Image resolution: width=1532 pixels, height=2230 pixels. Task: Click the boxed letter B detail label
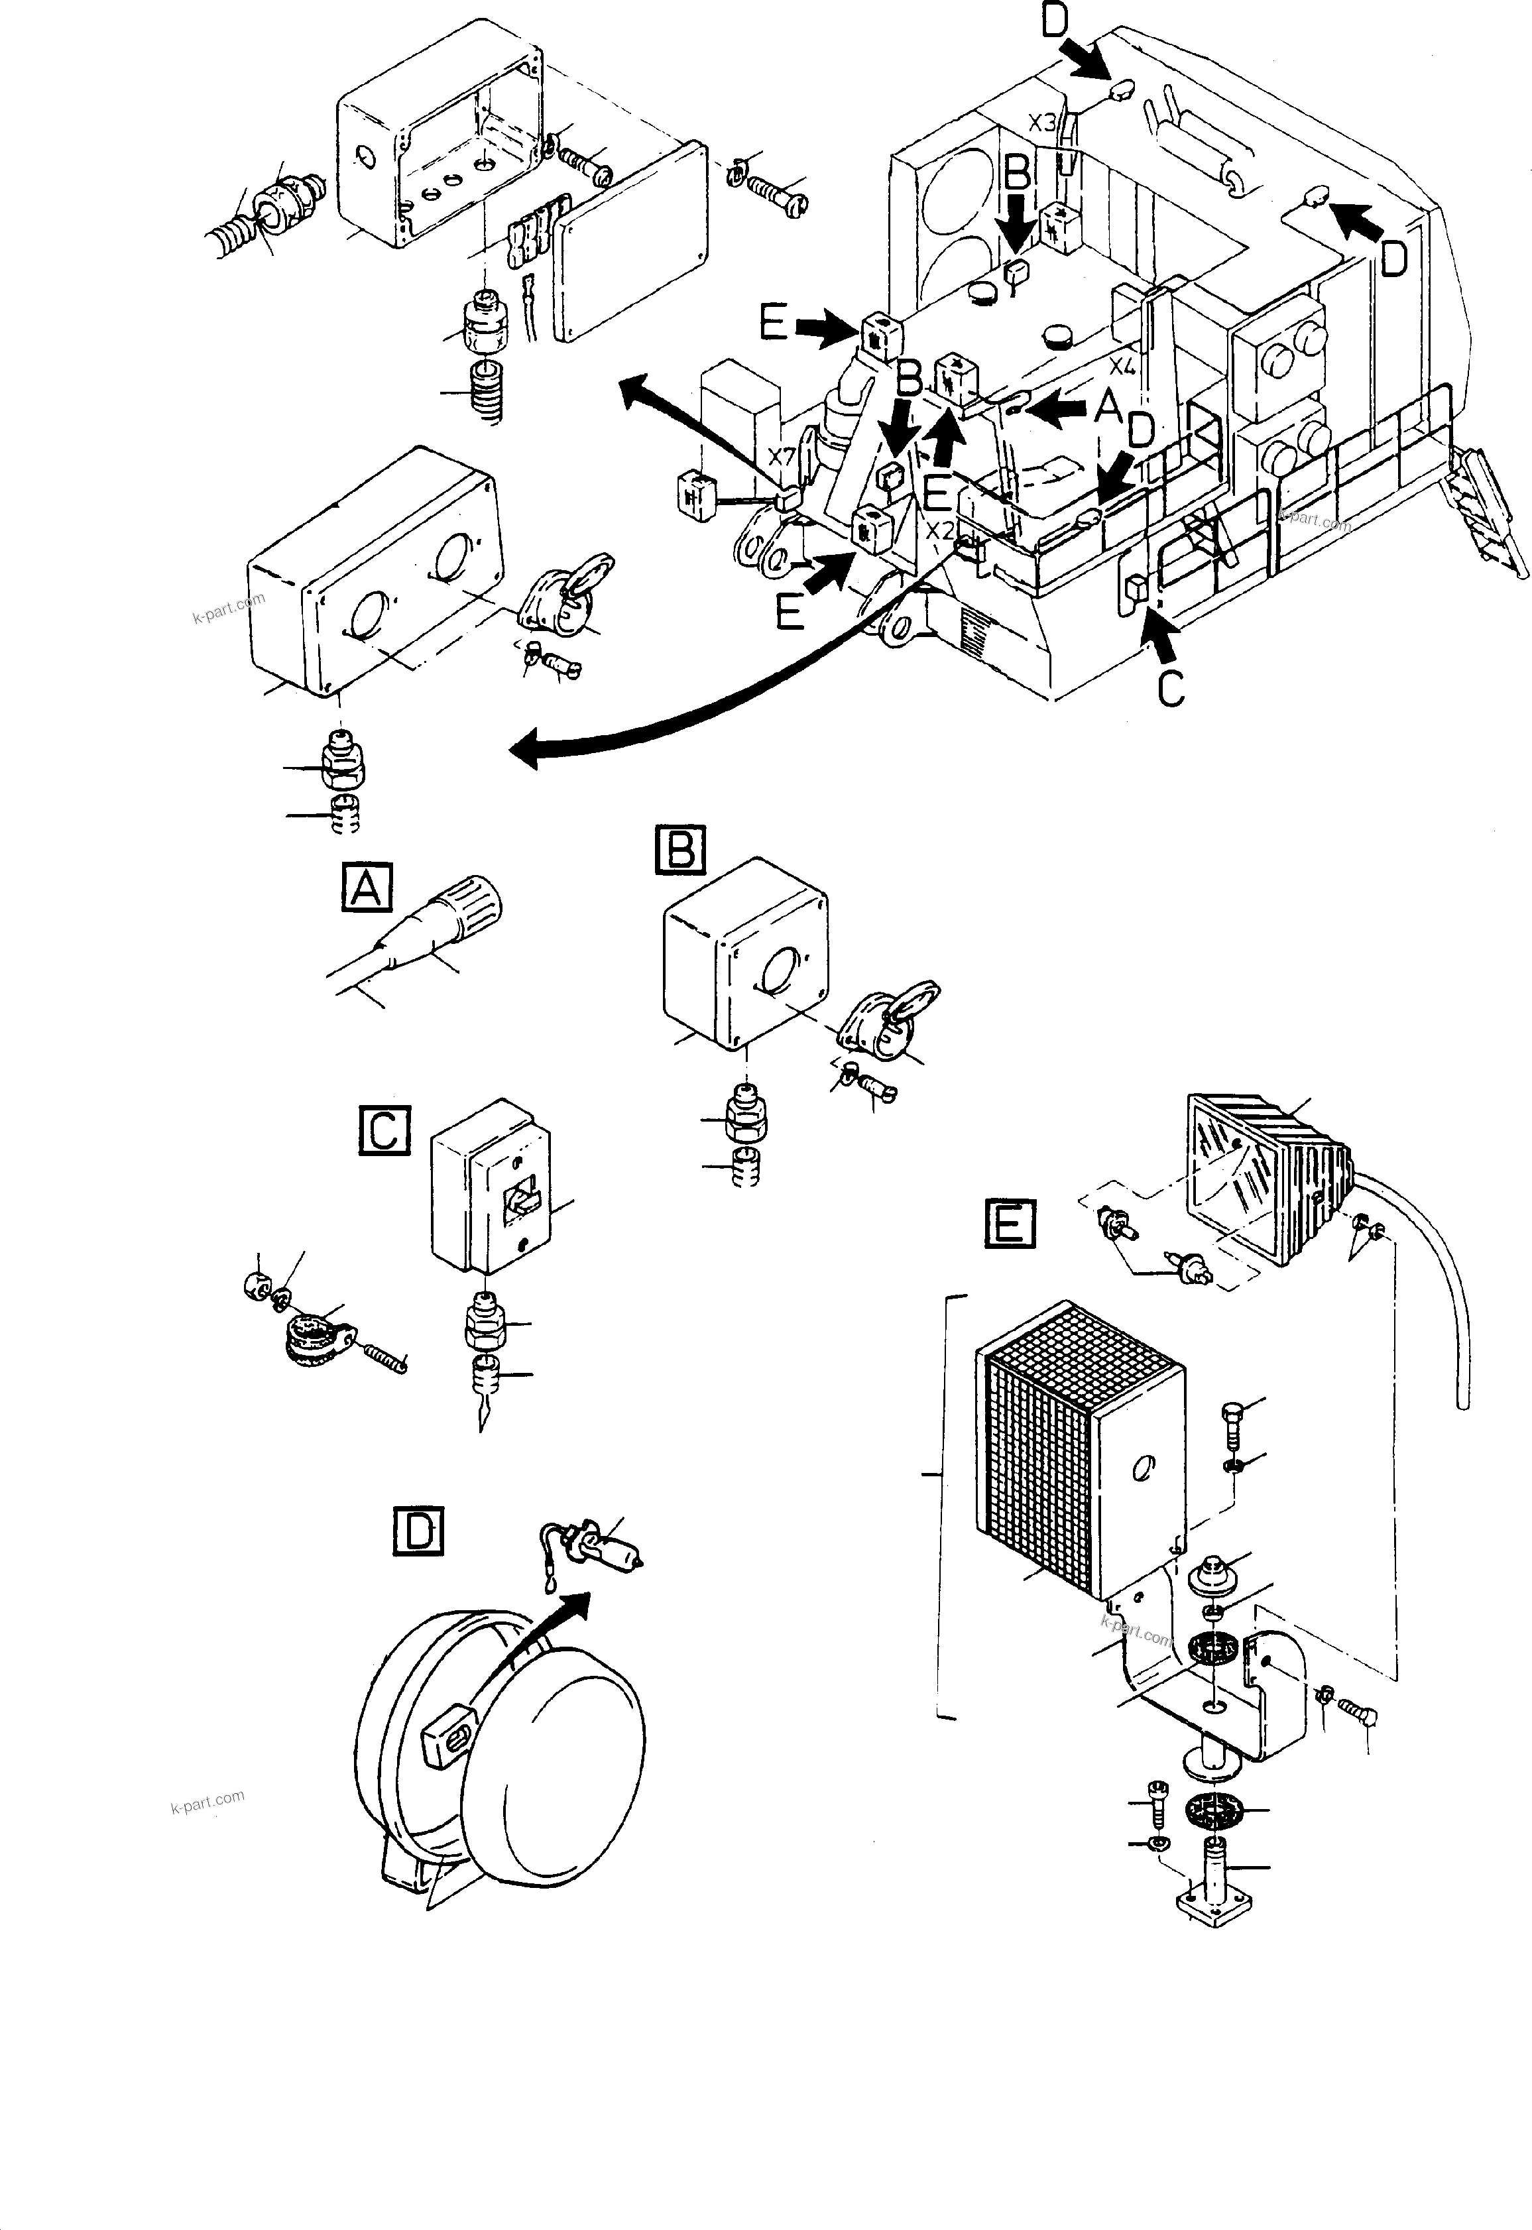(x=681, y=851)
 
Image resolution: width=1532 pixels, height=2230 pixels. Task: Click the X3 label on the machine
(x=1043, y=123)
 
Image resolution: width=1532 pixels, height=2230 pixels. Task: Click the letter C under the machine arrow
(x=1170, y=687)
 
